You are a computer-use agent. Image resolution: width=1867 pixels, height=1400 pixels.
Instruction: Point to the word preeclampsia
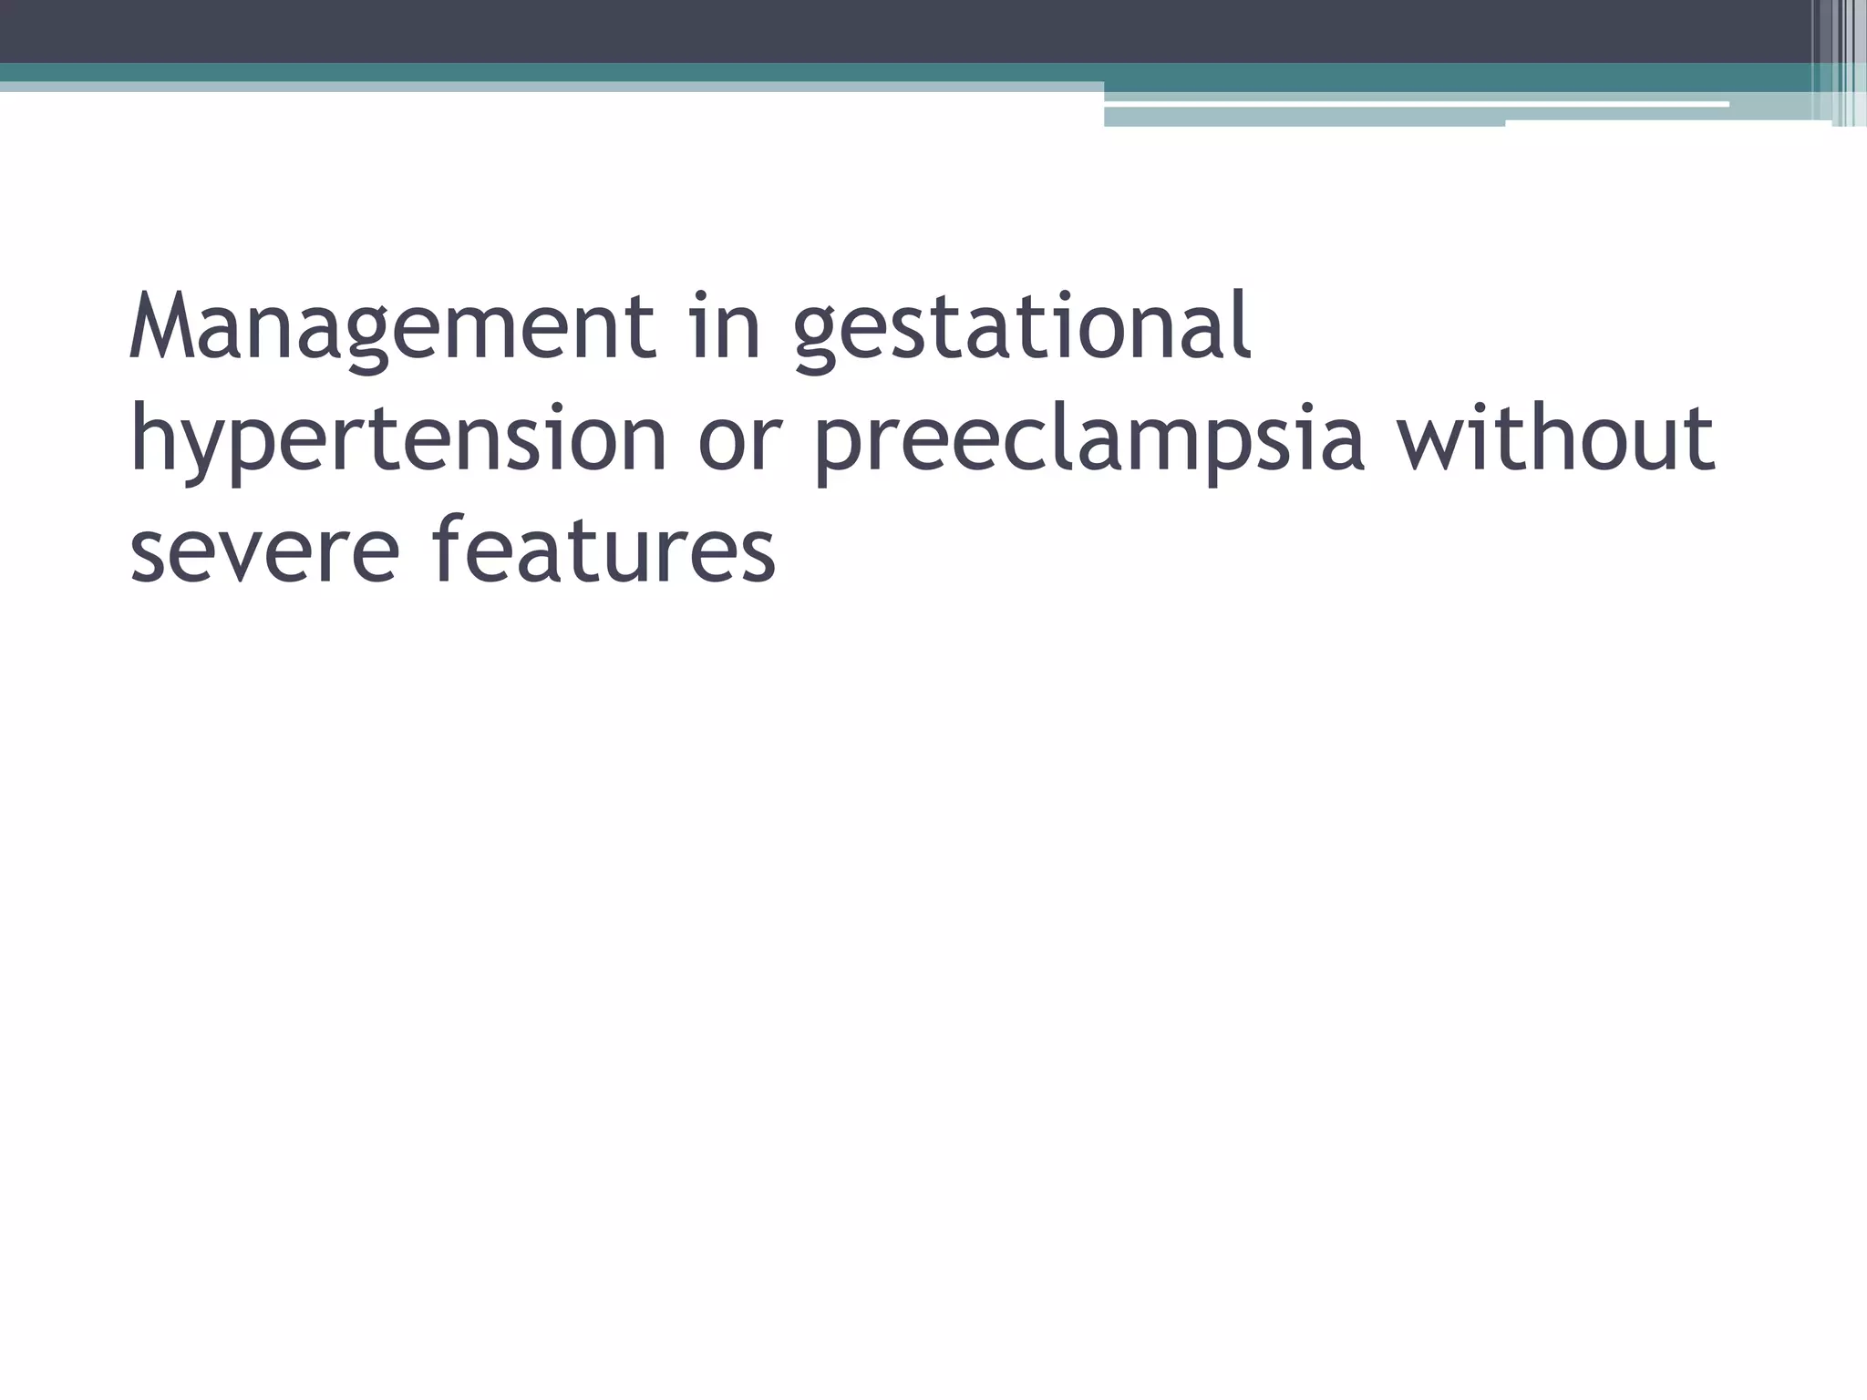[1088, 440]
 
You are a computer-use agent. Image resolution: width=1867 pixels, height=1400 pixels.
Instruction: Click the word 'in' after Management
[726, 326]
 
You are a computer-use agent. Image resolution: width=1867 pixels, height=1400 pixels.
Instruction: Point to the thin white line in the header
[1413, 105]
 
